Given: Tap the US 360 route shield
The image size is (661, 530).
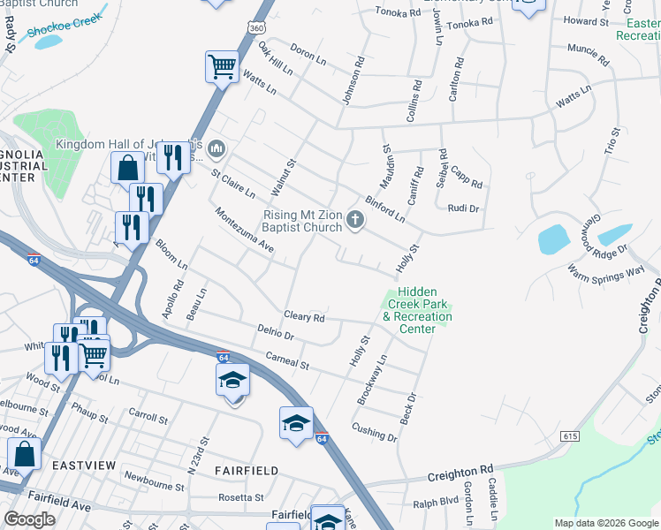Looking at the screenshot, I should pos(256,29).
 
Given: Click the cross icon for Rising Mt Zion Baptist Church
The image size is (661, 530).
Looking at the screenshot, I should pos(355,220).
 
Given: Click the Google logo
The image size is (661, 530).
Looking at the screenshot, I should pos(29,519).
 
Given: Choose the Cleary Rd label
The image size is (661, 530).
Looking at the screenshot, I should pos(304,317).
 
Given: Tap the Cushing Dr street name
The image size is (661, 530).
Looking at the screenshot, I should pos(374,432).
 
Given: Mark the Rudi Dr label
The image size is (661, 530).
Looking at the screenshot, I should pos(463,209).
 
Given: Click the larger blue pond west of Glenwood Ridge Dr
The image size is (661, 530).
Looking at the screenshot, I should pos(552,239).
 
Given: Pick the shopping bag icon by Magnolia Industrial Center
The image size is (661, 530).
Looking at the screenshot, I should pos(127,167).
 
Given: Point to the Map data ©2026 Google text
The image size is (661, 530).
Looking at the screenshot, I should pos(605,523).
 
